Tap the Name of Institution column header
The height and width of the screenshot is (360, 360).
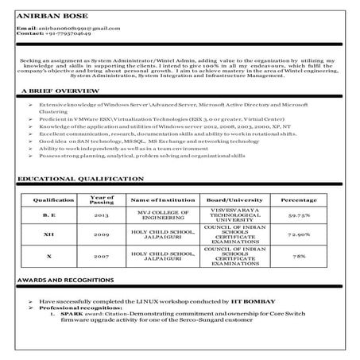[162, 199]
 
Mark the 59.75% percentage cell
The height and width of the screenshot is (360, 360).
[299, 215]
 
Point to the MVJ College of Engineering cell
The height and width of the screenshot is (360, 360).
[162, 215]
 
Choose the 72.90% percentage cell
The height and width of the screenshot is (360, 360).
[299, 236]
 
